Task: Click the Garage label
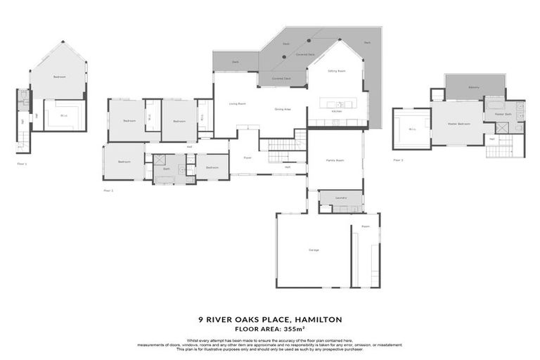coord(313,250)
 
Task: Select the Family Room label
coord(335,160)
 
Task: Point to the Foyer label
coord(248,158)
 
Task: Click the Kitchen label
coord(336,112)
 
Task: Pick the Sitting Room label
coord(336,71)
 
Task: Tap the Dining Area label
coord(283,109)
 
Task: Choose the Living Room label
coord(237,104)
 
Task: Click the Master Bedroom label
coord(458,124)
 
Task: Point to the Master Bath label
coord(502,113)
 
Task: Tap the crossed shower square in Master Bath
coord(502,129)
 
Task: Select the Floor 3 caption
coord(398,160)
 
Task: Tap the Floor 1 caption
coord(22,164)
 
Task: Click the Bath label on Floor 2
coord(167,169)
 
